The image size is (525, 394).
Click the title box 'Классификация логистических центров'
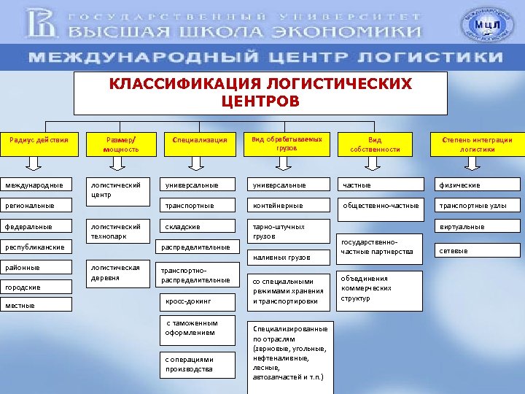coord(261,93)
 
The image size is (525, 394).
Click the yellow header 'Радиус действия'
coord(39,141)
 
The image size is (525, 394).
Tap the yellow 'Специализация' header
coord(199,141)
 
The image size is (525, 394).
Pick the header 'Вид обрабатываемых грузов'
coord(287,142)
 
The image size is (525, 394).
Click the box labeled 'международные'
coord(36,185)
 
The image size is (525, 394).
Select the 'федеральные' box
coord(36,227)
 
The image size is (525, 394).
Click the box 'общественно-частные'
coord(381,206)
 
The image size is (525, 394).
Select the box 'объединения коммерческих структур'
coord(379,289)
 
